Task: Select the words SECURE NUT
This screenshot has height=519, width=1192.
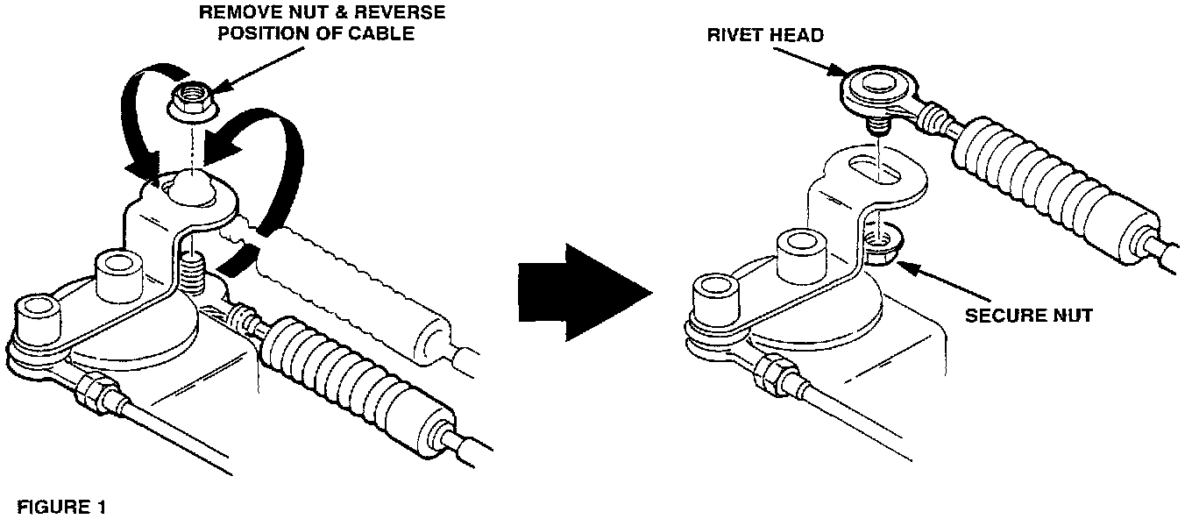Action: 1028,315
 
